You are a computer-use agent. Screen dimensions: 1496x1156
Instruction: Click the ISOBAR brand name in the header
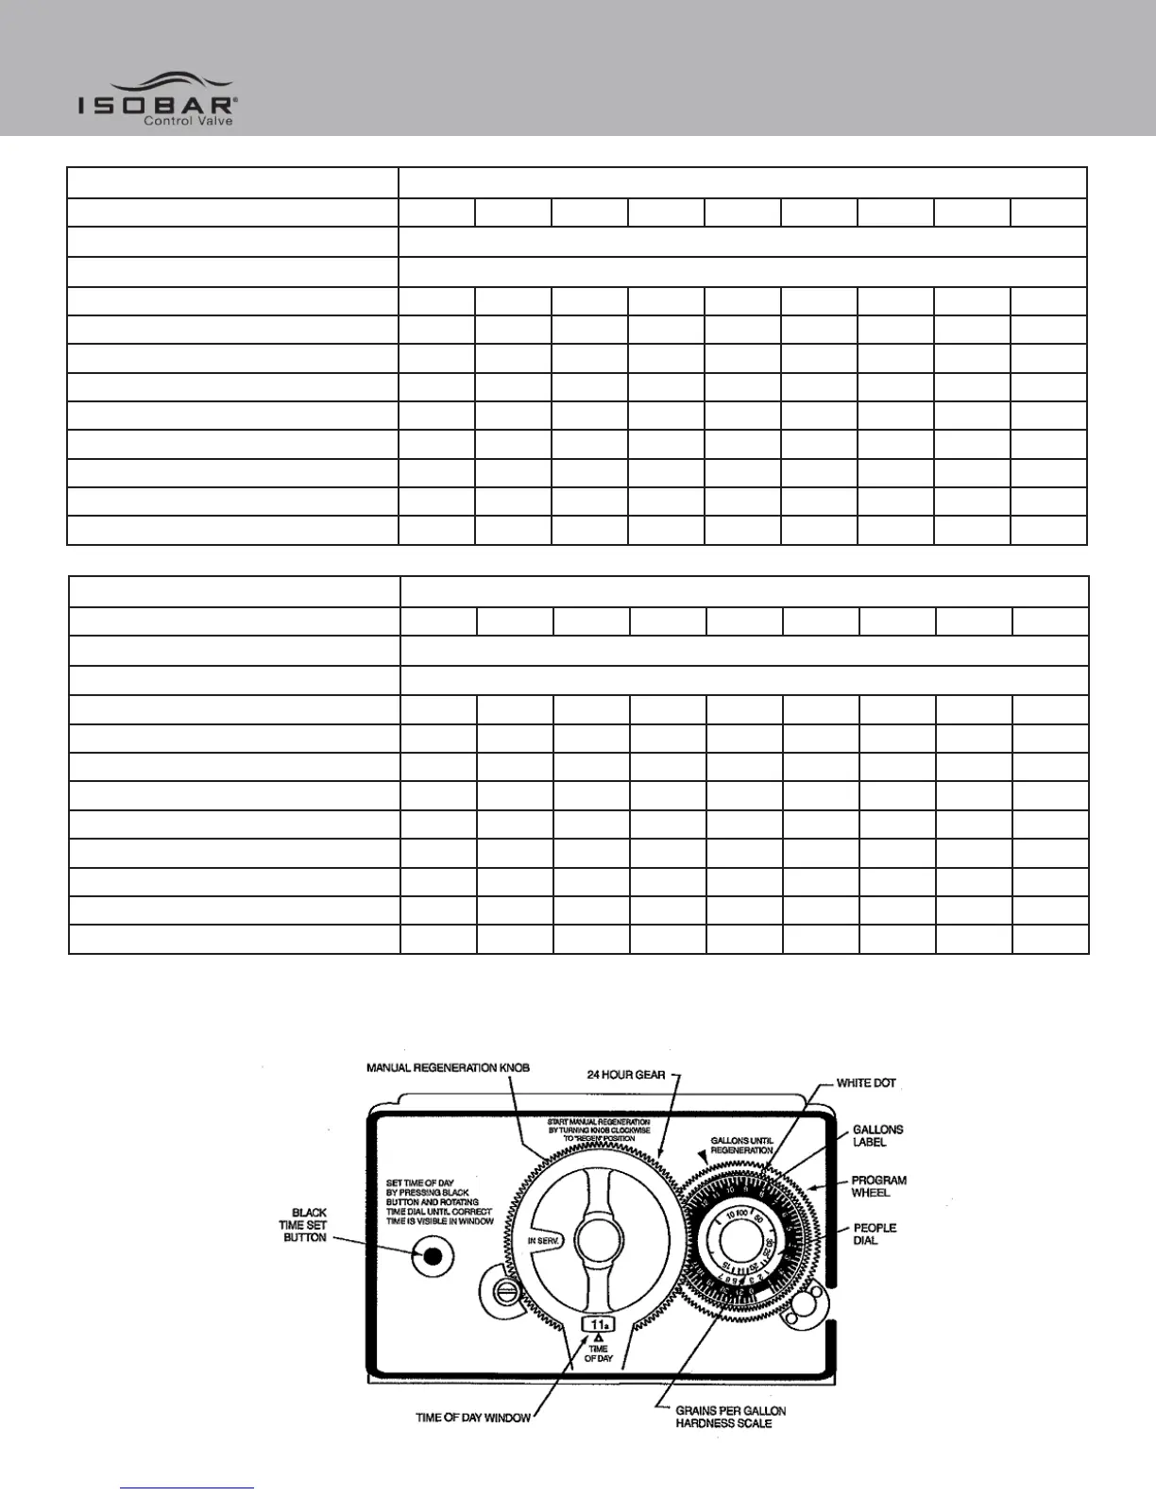155,104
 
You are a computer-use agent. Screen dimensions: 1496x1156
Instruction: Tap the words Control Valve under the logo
187,121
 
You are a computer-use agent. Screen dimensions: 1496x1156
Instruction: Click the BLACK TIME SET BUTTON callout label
303,1225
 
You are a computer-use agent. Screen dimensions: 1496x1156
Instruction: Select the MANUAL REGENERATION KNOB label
448,1068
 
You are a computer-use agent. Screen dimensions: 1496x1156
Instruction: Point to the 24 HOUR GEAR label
625,1075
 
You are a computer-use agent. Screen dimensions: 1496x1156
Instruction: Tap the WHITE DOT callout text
865,1083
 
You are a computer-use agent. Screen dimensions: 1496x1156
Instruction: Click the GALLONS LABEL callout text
877,1135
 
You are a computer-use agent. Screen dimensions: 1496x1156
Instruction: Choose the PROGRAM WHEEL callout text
878,1186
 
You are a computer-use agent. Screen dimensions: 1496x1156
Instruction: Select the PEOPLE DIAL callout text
875,1234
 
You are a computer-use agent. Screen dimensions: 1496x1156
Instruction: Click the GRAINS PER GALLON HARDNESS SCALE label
730,1417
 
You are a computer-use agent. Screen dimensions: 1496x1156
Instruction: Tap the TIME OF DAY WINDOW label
473,1418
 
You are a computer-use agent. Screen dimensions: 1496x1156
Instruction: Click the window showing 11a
599,1324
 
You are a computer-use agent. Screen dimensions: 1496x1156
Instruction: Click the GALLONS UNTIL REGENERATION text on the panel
741,1146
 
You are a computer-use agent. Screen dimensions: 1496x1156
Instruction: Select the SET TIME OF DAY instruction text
439,1202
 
